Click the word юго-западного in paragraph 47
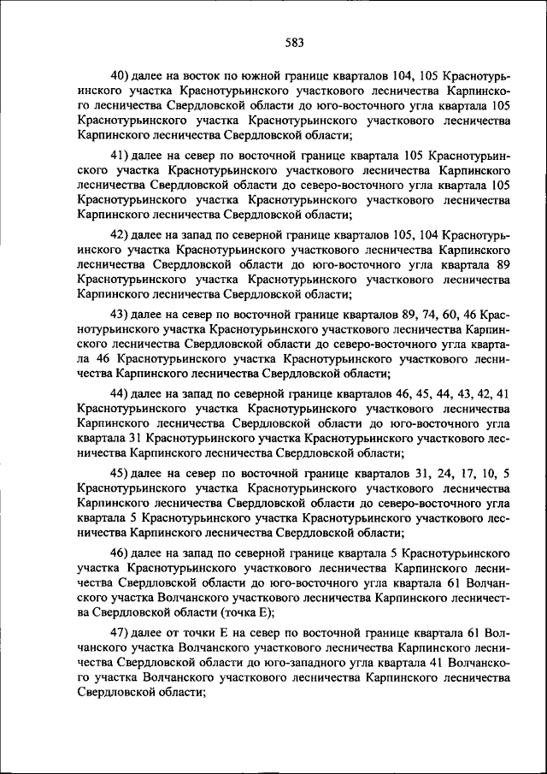click(x=344, y=664)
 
